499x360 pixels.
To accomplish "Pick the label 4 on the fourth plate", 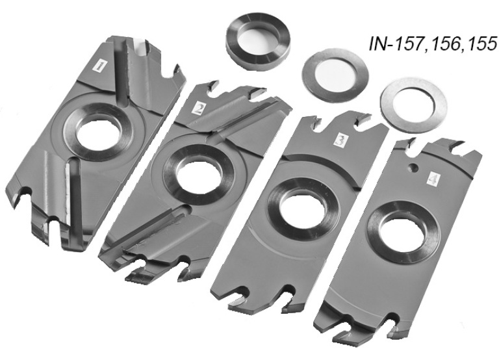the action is tap(433, 181).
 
